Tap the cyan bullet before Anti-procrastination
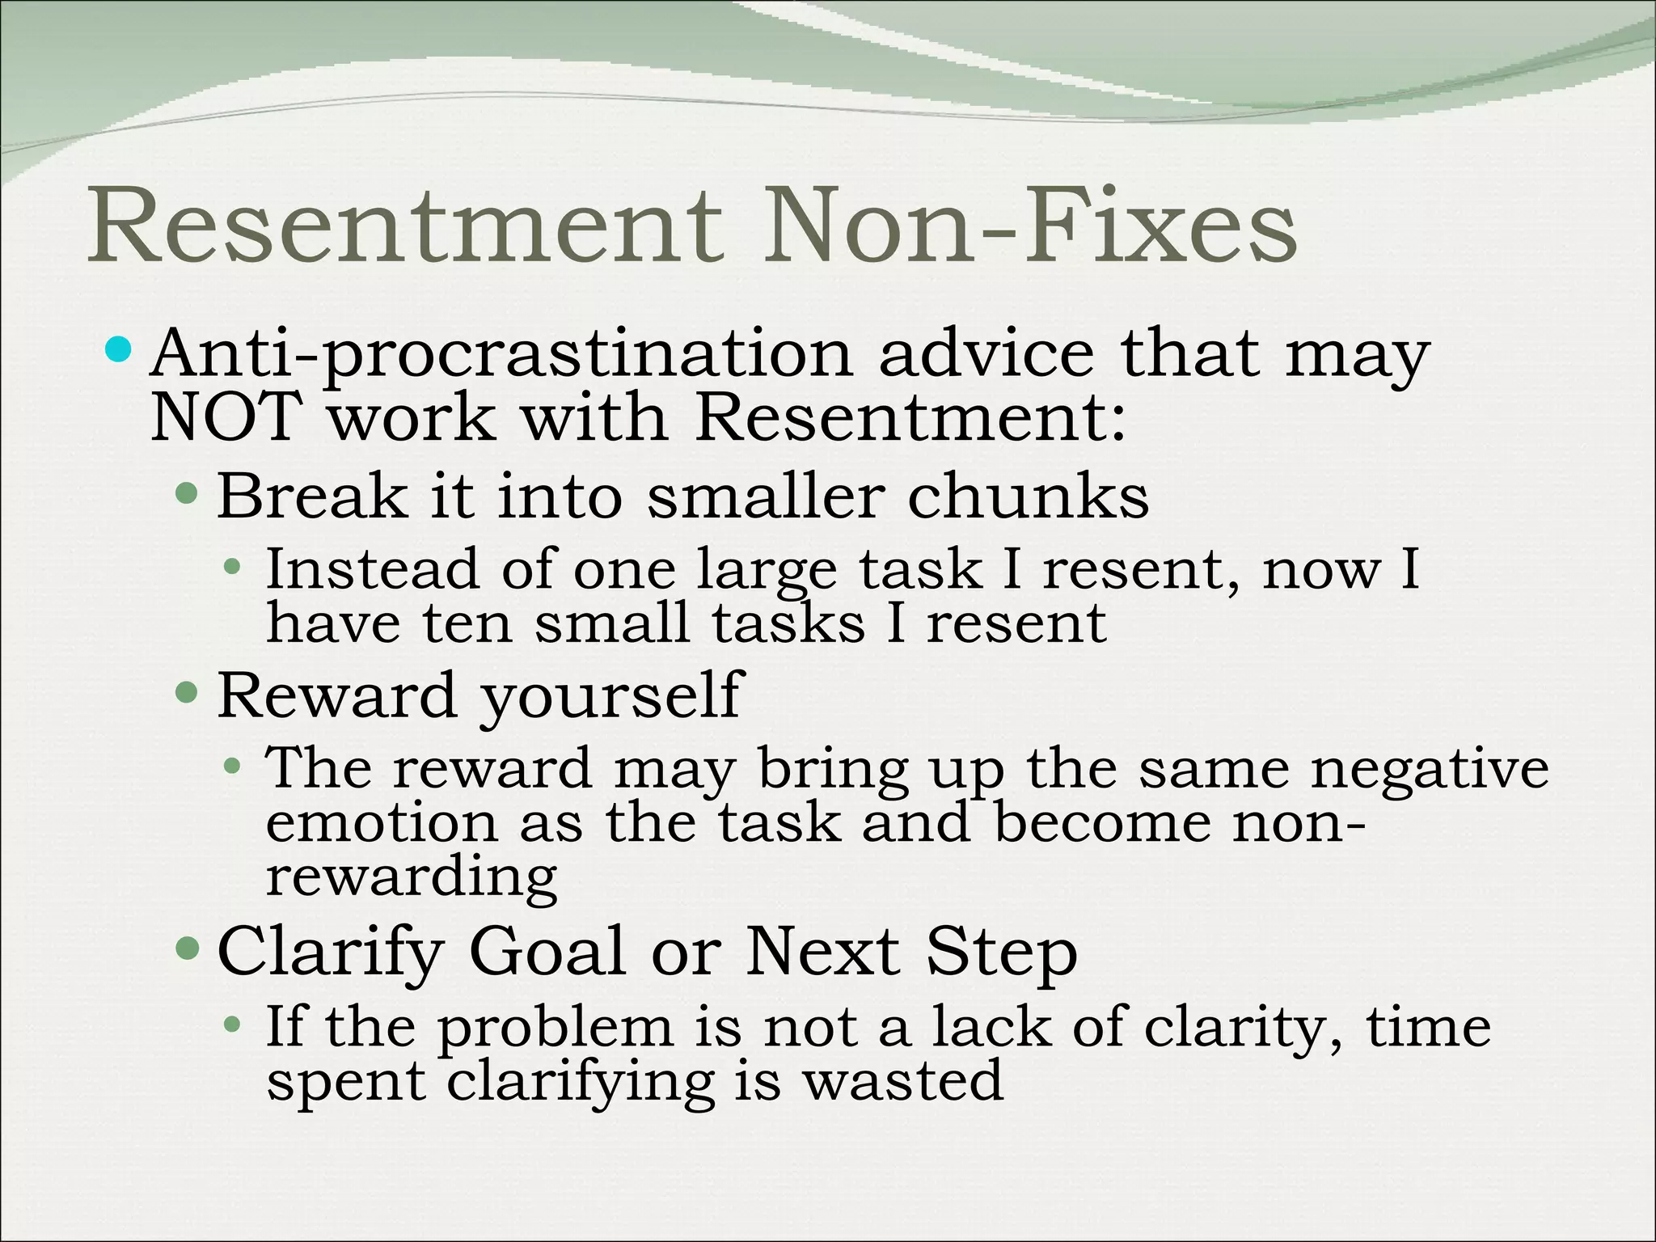click(119, 350)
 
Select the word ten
click(467, 623)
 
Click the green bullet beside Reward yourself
click(187, 692)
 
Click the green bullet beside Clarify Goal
click(187, 946)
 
